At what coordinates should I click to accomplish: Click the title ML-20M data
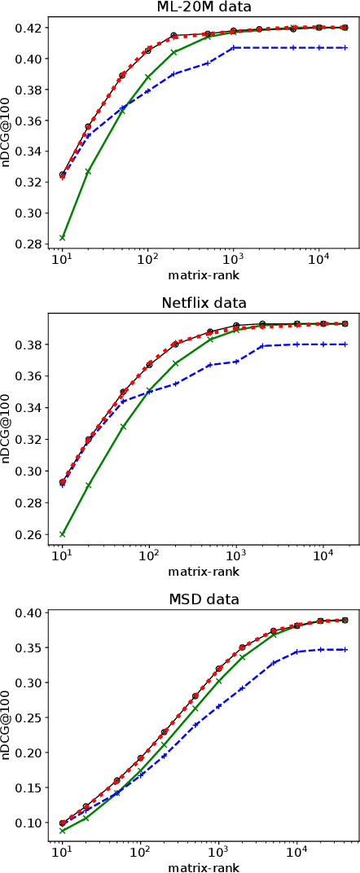204,7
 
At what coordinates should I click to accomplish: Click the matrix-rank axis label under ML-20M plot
204,274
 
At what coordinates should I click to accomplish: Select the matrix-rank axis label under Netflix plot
204,571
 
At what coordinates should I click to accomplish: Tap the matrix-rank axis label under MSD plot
204,867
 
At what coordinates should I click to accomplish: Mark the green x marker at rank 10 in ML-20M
62,238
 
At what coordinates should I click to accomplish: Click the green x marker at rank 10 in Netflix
62,534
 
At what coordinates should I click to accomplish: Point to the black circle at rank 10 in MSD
62,823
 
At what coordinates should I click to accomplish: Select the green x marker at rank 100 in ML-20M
148,77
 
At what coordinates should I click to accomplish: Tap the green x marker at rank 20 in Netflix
88,485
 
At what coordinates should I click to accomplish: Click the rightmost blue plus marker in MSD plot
345,649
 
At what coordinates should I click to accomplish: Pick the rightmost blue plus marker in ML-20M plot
345,47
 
